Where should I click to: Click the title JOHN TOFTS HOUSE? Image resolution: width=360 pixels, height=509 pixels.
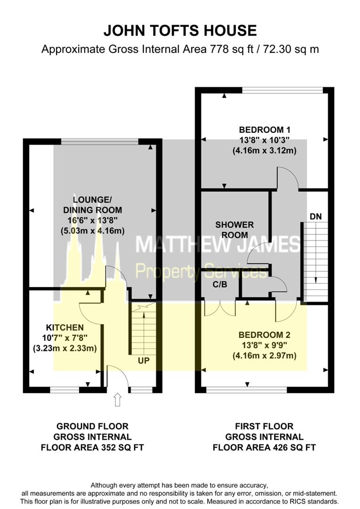[x=180, y=31]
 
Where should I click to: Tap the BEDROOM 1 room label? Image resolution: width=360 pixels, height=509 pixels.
[x=264, y=130]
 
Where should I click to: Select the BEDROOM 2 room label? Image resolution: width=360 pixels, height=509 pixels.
[x=264, y=335]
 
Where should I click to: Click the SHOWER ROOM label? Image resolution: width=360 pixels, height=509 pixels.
[x=235, y=230]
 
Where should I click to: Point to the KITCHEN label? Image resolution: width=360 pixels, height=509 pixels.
[x=65, y=328]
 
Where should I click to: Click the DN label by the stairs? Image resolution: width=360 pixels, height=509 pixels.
[x=316, y=216]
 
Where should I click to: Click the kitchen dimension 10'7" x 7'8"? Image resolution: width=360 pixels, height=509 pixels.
[x=65, y=338]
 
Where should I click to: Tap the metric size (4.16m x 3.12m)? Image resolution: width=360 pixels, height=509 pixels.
[x=264, y=151]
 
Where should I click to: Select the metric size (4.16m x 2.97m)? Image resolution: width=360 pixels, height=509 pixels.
[x=264, y=356]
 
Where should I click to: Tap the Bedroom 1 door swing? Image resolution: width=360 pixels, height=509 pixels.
[x=287, y=179]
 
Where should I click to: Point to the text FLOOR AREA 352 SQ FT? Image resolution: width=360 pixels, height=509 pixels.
[x=92, y=447]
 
